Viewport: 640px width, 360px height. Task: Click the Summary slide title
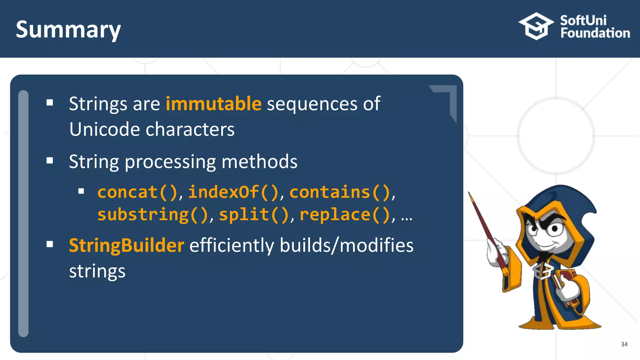pyautogui.click(x=68, y=30)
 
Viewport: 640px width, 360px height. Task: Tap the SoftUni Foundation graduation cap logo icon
pyautogui.click(x=536, y=26)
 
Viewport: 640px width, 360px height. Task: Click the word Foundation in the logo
pyautogui.click(x=595, y=33)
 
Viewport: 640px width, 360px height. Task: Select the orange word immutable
pyautogui.click(x=213, y=104)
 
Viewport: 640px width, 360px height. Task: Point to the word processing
pyautogui.click(x=170, y=162)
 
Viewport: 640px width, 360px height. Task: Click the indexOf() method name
pyautogui.click(x=233, y=192)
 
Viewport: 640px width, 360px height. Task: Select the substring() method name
pyautogui.click(x=152, y=215)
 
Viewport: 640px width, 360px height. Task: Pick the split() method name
pyautogui.click(x=254, y=215)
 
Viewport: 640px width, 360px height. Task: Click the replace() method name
pyautogui.click(x=345, y=215)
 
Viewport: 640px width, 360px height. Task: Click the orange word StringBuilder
pyautogui.click(x=126, y=245)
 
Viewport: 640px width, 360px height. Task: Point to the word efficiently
pyautogui.click(x=232, y=245)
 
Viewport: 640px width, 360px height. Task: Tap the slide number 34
pyautogui.click(x=624, y=344)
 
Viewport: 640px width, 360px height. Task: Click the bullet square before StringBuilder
pyautogui.click(x=50, y=244)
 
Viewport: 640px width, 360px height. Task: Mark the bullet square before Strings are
pyautogui.click(x=50, y=102)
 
